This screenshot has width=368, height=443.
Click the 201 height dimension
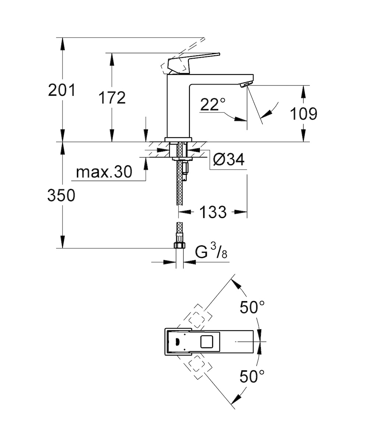61,90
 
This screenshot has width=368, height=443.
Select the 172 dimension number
112,98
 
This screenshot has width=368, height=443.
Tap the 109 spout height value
304,114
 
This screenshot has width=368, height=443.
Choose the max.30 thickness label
104,172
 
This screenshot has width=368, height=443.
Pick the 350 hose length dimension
61,195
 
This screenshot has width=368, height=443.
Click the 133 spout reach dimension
213,212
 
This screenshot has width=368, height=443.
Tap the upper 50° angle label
252,307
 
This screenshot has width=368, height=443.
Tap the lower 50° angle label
252,376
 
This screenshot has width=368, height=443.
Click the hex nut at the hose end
180,245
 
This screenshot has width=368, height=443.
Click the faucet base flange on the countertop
178,139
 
